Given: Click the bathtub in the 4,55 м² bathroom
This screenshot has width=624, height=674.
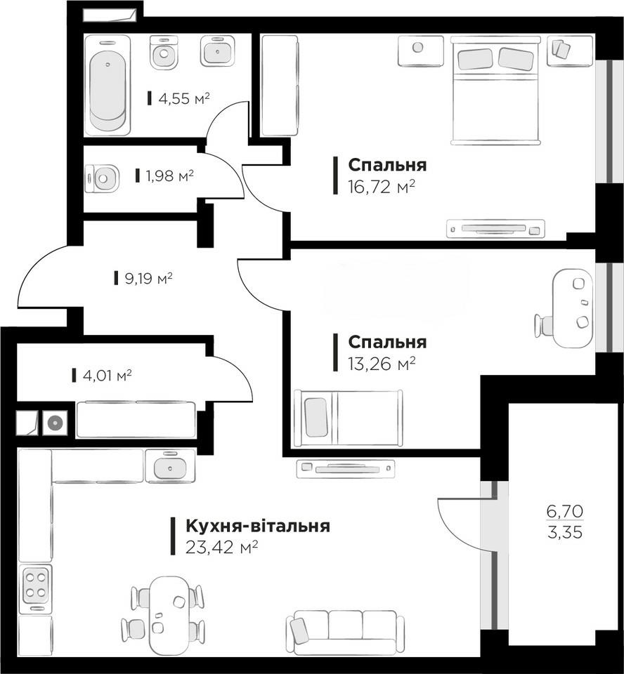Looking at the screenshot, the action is point(108,85).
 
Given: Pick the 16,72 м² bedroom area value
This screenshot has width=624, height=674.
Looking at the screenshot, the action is point(382,187).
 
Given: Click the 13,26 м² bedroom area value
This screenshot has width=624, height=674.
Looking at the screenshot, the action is point(382,364).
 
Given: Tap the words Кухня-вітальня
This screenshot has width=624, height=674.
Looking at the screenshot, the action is point(258,526).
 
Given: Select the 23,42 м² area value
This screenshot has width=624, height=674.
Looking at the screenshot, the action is point(221,547).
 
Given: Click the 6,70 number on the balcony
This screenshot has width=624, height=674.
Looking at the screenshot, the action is point(565,512).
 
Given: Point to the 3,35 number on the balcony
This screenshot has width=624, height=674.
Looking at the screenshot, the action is point(565,533).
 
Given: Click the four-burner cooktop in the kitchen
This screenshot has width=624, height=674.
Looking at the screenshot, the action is point(36,586).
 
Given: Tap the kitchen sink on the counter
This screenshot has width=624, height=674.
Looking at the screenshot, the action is point(170,466).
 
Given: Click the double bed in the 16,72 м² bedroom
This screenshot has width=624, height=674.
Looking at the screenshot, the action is point(495,91).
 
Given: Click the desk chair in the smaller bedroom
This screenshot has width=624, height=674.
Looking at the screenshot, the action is point(545,325).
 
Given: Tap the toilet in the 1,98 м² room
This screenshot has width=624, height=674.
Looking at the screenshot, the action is point(102,178).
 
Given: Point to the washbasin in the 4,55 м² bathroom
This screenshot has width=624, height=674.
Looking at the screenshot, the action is point(218,51).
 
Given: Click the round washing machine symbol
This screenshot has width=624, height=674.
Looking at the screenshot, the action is point(55,423).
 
